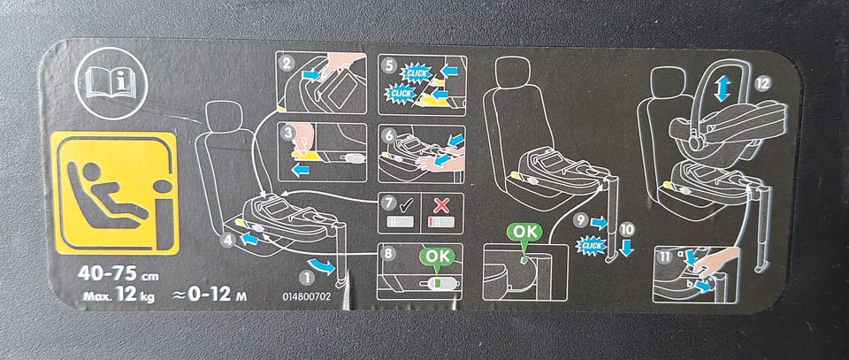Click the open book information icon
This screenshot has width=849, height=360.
(x=111, y=83)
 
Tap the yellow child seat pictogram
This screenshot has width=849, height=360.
(x=115, y=193)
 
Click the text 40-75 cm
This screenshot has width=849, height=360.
(x=118, y=273)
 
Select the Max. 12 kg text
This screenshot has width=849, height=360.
(x=119, y=295)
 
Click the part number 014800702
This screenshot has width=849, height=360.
(x=306, y=298)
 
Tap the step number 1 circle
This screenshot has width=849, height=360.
(x=307, y=279)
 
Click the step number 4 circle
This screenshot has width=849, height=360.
(x=228, y=240)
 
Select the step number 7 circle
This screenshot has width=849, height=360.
(x=387, y=203)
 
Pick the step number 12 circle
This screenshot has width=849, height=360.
(x=763, y=83)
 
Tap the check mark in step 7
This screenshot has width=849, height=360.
(x=406, y=204)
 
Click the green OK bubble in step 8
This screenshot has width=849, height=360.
(x=438, y=256)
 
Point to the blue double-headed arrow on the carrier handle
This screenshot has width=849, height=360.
(x=722, y=88)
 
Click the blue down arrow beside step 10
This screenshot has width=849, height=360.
(x=626, y=248)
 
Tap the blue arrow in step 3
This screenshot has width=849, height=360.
(x=300, y=170)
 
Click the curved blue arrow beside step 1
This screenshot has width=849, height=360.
(x=324, y=266)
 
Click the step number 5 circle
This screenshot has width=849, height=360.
(x=388, y=64)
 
